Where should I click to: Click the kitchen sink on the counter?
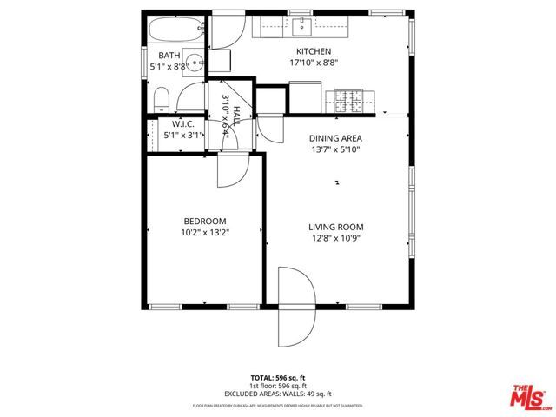point(302,26)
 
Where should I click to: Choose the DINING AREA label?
point(335,138)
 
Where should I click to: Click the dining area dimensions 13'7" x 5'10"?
point(335,149)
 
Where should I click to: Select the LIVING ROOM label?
point(334,227)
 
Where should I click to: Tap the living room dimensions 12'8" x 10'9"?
point(334,238)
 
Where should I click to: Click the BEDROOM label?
point(205,221)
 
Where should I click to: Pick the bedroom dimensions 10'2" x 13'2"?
point(205,232)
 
